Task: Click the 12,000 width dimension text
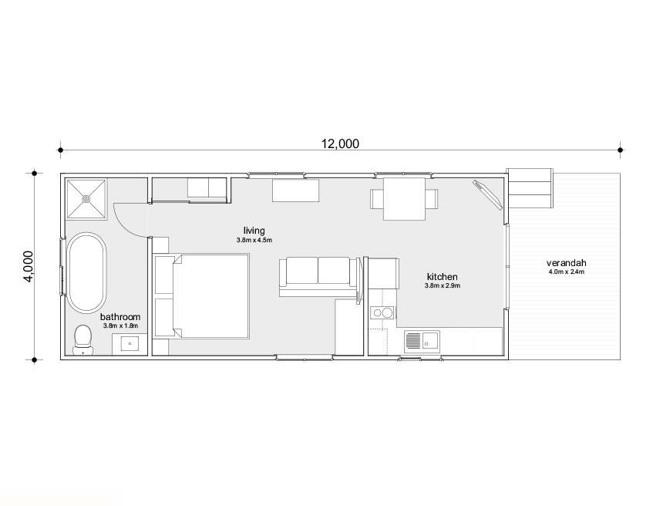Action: coord(340,143)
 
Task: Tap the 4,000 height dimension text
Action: coord(29,266)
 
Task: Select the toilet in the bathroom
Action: coord(82,339)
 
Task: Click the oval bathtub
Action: coord(86,272)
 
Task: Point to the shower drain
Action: coord(86,199)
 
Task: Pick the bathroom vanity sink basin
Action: coord(130,344)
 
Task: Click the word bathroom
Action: coord(120,317)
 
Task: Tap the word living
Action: coord(254,231)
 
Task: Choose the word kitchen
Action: coord(443,277)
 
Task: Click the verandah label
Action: coord(567,263)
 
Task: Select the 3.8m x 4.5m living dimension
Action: coord(254,241)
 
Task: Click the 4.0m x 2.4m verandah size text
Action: coord(567,272)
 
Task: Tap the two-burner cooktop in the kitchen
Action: coord(382,312)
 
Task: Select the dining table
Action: coord(405,199)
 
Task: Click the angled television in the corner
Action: coord(488,194)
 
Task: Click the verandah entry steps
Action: coord(530,188)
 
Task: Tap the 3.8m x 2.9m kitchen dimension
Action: coord(443,286)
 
